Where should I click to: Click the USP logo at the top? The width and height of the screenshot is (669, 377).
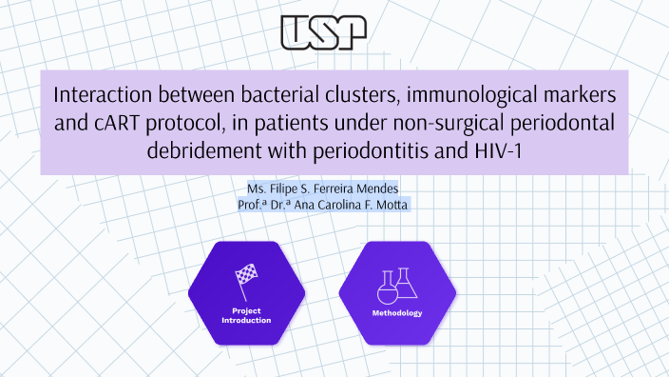tap(324, 31)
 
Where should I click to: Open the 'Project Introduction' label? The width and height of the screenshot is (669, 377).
tap(246, 316)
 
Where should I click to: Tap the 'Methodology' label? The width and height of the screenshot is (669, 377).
tap(397, 313)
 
